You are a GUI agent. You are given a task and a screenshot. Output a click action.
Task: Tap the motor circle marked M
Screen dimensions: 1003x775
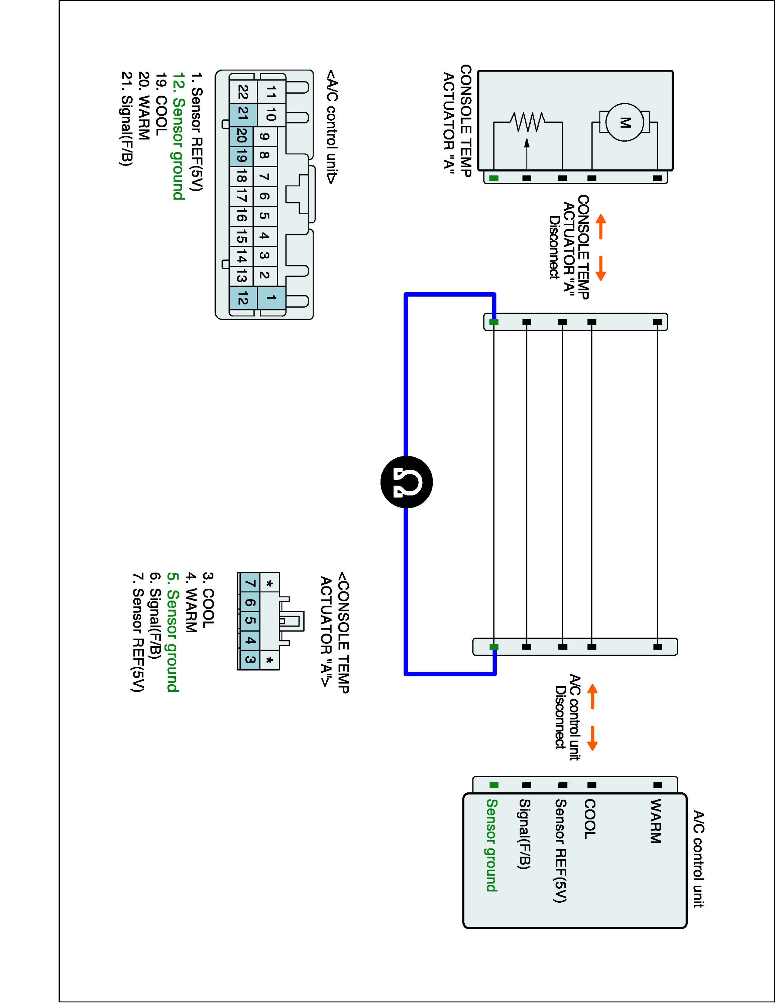625,123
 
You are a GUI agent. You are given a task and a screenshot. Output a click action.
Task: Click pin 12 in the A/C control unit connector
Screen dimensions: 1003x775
243,299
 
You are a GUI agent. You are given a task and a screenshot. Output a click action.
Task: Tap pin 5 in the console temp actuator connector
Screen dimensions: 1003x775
250,621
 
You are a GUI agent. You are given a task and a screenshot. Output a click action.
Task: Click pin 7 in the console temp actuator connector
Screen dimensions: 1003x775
250,584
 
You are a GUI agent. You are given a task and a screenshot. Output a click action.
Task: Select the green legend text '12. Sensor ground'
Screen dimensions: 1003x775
179,136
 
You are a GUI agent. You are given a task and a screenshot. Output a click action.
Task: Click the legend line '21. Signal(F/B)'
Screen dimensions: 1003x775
127,118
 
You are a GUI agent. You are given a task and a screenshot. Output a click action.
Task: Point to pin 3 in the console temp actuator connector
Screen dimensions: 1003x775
250,660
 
